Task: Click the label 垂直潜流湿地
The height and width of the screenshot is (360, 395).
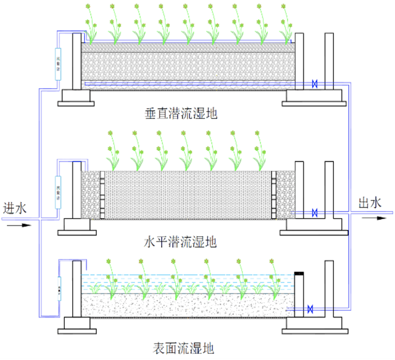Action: pos(179,113)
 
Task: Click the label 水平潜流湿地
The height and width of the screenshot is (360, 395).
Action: pos(180,242)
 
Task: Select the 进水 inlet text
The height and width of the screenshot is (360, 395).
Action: pos(15,208)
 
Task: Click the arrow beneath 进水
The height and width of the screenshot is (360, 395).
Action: pos(18,225)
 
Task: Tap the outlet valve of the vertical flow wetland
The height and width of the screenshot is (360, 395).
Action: pos(315,83)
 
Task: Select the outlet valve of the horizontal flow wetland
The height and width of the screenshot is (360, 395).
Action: pos(315,213)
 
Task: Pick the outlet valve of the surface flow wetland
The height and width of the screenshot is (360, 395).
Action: pos(310,308)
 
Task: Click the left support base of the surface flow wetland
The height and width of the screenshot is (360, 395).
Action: pos(77,324)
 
